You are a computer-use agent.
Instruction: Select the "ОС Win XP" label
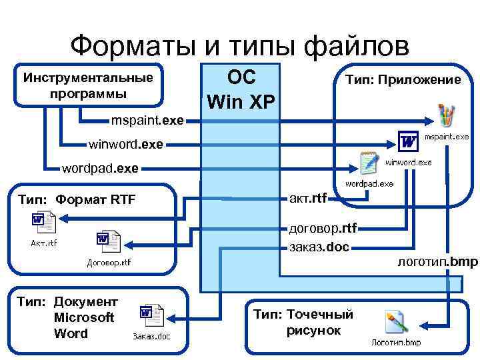click(x=241, y=89)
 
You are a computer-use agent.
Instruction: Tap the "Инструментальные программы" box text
click(x=88, y=85)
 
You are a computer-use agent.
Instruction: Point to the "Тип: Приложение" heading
click(x=401, y=80)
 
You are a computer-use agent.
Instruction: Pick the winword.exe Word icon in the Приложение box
click(x=408, y=141)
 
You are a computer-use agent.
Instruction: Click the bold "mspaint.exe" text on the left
click(x=147, y=121)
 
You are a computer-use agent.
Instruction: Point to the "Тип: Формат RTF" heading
click(x=77, y=199)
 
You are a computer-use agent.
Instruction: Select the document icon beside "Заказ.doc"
click(x=151, y=315)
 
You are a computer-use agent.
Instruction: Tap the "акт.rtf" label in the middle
click(x=308, y=197)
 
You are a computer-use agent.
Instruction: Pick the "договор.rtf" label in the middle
click(x=323, y=229)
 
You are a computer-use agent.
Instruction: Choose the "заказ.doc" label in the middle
click(x=319, y=247)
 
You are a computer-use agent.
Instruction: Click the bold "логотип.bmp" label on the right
click(x=437, y=261)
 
